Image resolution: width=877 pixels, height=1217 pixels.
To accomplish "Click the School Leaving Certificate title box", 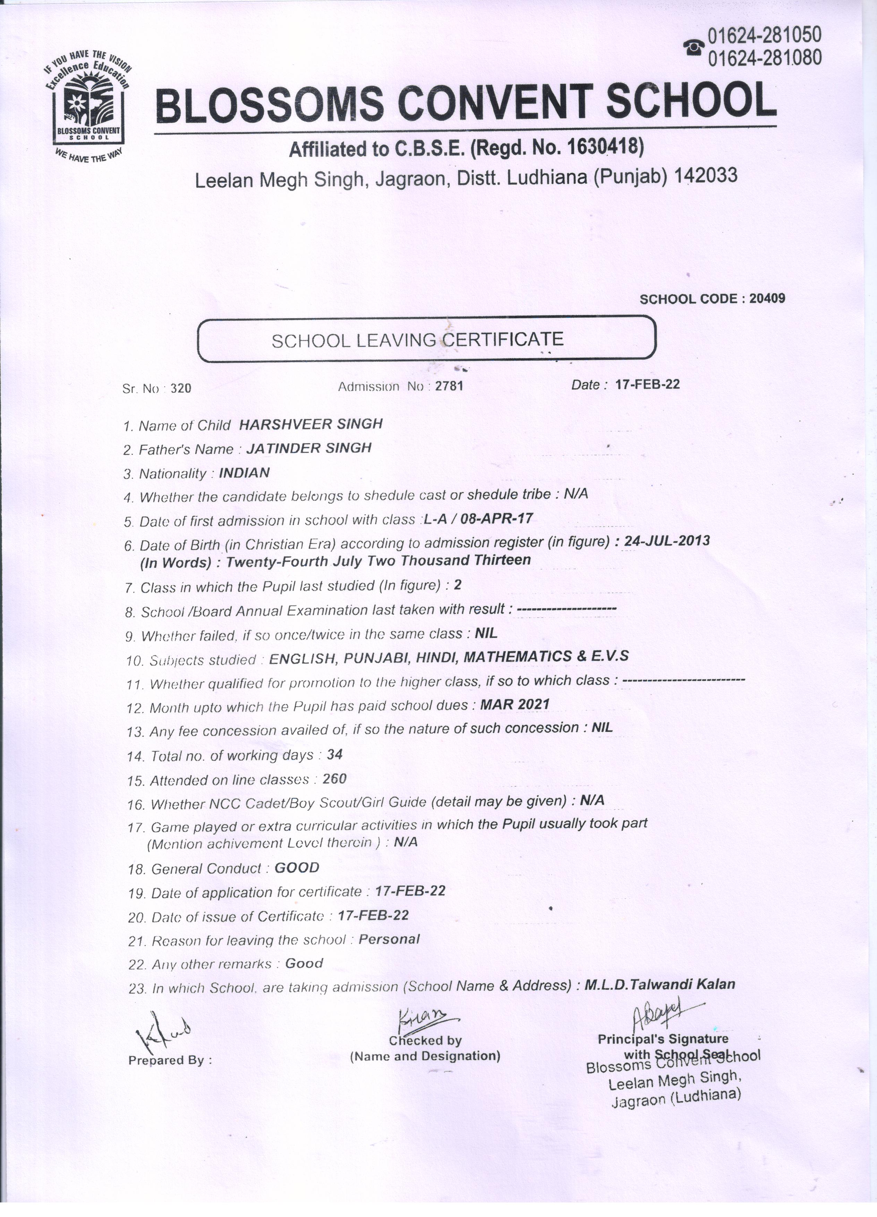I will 426,339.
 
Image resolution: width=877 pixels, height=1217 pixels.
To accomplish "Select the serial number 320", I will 181,388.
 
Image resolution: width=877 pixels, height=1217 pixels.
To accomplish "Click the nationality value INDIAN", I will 244,473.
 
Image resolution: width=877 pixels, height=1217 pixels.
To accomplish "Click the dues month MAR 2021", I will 515,704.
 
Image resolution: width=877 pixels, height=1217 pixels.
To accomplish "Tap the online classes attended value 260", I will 335,779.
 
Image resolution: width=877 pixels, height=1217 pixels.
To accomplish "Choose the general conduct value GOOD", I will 297,868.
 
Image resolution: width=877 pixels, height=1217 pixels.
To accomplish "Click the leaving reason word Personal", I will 389,939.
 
